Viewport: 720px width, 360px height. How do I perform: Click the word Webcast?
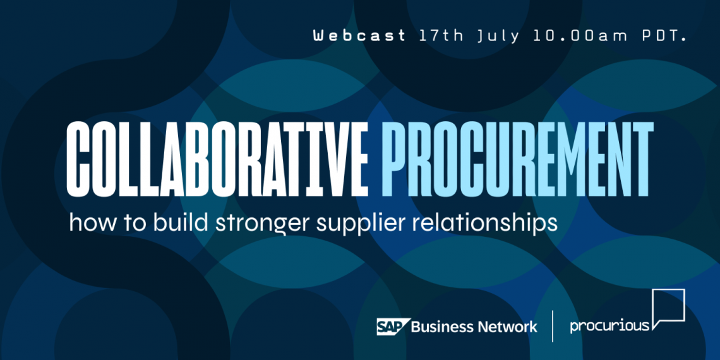pyautogui.click(x=359, y=35)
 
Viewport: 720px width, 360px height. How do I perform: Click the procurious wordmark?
pyautogui.click(x=609, y=326)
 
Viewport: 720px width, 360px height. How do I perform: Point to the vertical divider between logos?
pyautogui.click(x=553, y=326)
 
